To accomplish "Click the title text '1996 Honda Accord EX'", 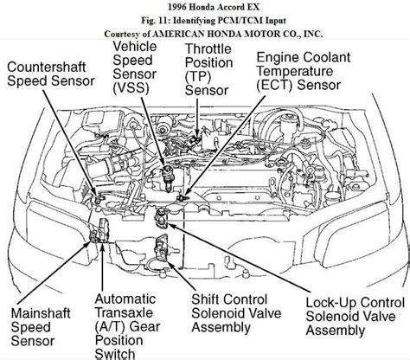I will pyautogui.click(x=205, y=7).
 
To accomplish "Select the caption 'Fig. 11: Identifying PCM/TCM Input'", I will pyautogui.click(x=205, y=19).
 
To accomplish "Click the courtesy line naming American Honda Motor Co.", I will pyautogui.click(x=205, y=32).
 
